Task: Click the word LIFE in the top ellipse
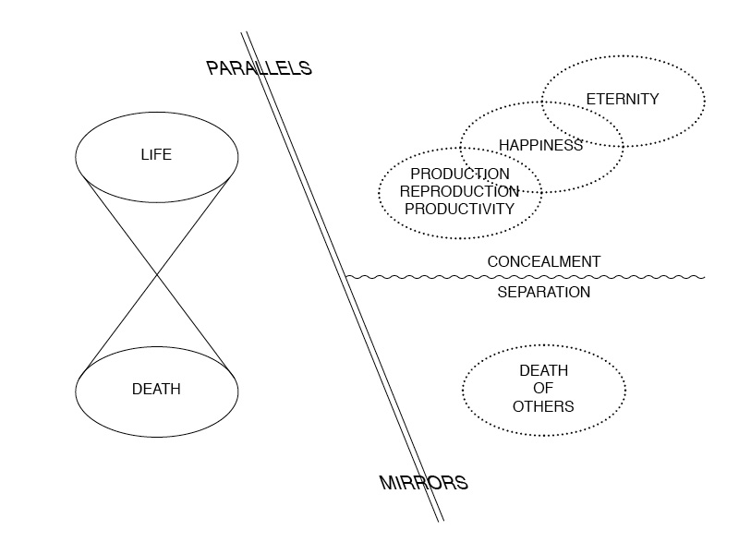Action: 156,154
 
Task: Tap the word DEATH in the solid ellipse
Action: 156,390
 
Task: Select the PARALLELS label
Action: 259,68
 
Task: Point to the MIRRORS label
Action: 424,482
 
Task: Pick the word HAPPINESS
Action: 540,145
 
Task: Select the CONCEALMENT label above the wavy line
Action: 543,261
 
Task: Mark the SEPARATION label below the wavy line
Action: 543,292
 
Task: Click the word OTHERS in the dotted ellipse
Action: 543,406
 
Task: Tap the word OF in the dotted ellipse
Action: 543,389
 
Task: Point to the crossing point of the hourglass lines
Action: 156,272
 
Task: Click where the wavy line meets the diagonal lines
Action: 346,276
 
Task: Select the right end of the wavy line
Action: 704,276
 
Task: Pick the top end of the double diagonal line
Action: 245,33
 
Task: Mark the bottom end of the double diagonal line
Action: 441,521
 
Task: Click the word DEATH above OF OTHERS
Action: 543,371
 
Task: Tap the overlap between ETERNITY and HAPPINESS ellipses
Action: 582,124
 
